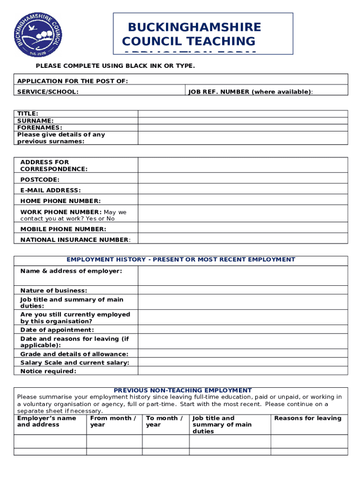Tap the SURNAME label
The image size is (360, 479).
35,121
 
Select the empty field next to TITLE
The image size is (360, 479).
243,114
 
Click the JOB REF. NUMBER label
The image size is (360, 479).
250,92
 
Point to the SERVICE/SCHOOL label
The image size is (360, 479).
48,92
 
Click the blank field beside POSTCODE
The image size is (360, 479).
243,179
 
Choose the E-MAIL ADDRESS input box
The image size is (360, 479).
243,190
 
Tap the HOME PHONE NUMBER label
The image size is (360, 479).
60,201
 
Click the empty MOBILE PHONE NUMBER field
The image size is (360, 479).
243,229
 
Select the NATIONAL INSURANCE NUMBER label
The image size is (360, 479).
75,239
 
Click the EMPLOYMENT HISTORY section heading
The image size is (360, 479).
181,260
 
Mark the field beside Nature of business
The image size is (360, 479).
243,290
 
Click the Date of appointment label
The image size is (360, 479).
57,330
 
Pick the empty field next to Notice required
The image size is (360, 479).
243,371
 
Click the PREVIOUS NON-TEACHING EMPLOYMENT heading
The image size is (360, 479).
183,390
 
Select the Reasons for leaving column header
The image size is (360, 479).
308,418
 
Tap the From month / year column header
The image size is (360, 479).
113,421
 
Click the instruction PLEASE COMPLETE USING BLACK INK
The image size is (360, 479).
115,66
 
